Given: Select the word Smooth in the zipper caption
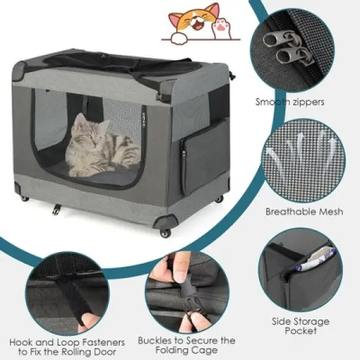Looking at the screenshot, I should click(x=274, y=101).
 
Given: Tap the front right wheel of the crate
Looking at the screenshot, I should click(x=164, y=232).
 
